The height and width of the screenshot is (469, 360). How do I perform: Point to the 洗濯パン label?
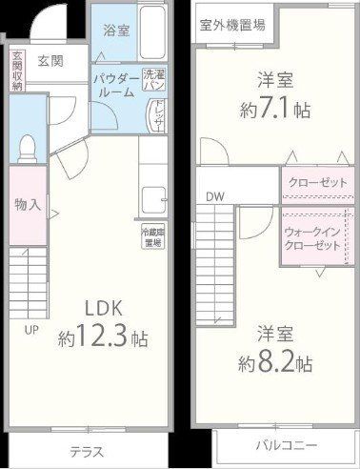coord(153,79)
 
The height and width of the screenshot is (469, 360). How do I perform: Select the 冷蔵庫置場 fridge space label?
coord(151,237)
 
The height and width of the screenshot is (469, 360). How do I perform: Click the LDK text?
coord(91,311)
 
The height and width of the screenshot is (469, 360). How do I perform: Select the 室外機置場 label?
coord(231,25)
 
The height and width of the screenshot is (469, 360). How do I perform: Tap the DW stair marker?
coord(214,197)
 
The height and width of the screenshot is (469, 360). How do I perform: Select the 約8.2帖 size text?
coord(277,361)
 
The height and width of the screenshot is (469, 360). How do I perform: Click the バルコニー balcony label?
coord(286,445)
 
